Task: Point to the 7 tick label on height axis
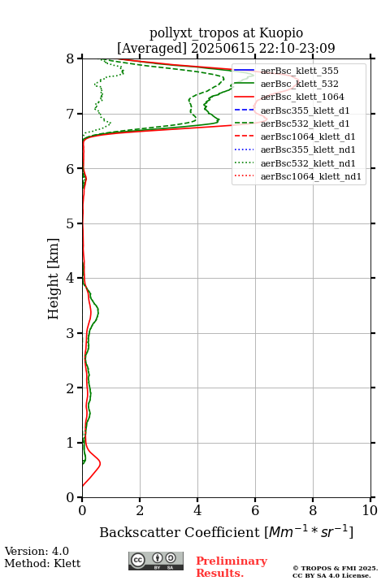(x=70, y=114)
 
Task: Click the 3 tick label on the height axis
(x=70, y=333)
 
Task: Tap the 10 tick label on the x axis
(x=370, y=510)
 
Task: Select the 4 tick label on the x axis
(x=197, y=510)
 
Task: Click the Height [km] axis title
(x=54, y=279)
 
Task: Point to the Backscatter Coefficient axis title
(x=226, y=532)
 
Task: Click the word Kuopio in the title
(x=281, y=33)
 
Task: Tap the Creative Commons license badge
(x=156, y=561)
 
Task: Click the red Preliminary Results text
(x=232, y=567)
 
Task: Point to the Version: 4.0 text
(x=37, y=551)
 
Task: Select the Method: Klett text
(x=42, y=563)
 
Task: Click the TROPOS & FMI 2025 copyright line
(x=335, y=568)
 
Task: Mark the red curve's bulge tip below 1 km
(x=100, y=463)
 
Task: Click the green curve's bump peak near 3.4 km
(x=98, y=310)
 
